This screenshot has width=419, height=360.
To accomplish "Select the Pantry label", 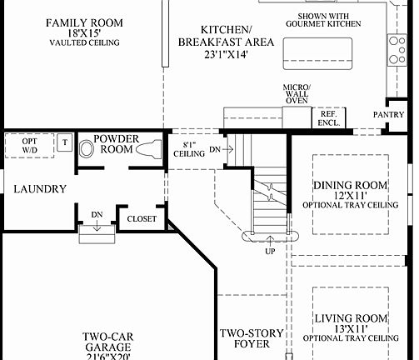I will tap(388, 114).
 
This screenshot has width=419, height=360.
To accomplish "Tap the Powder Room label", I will tap(117, 144).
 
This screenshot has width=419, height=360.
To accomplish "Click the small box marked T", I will tap(65, 142).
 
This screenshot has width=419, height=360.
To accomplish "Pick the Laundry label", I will tap(39, 189).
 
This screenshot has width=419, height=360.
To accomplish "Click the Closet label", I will tap(142, 219).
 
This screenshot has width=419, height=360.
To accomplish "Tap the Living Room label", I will tap(352, 325).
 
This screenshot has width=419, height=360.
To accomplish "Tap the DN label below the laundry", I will tap(97, 215).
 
